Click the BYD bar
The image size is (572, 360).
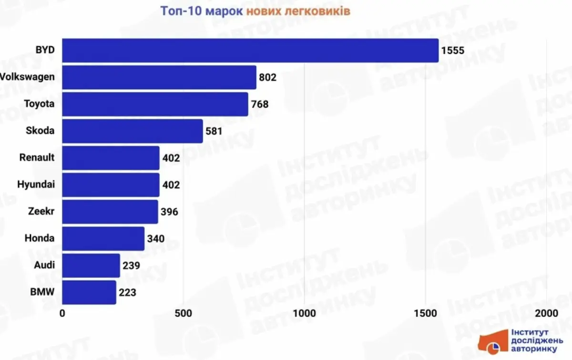(250, 51)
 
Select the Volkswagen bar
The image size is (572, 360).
(159, 77)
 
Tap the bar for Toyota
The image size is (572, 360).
(155, 104)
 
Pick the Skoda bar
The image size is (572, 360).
(133, 131)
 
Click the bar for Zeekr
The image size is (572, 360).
(110, 212)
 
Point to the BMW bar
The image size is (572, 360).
(89, 292)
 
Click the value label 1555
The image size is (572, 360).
(452, 51)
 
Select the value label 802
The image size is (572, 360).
(268, 77)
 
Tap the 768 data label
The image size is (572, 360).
(260, 104)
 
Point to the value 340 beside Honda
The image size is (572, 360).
(156, 238)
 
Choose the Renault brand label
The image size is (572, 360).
(37, 157)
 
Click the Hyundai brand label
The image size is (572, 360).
(36, 185)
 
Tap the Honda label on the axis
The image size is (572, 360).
(40, 238)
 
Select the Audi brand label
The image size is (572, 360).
(44, 266)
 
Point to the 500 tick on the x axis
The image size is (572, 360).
(183, 313)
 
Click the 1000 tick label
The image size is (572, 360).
(304, 313)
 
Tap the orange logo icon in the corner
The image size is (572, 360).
(493, 342)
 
